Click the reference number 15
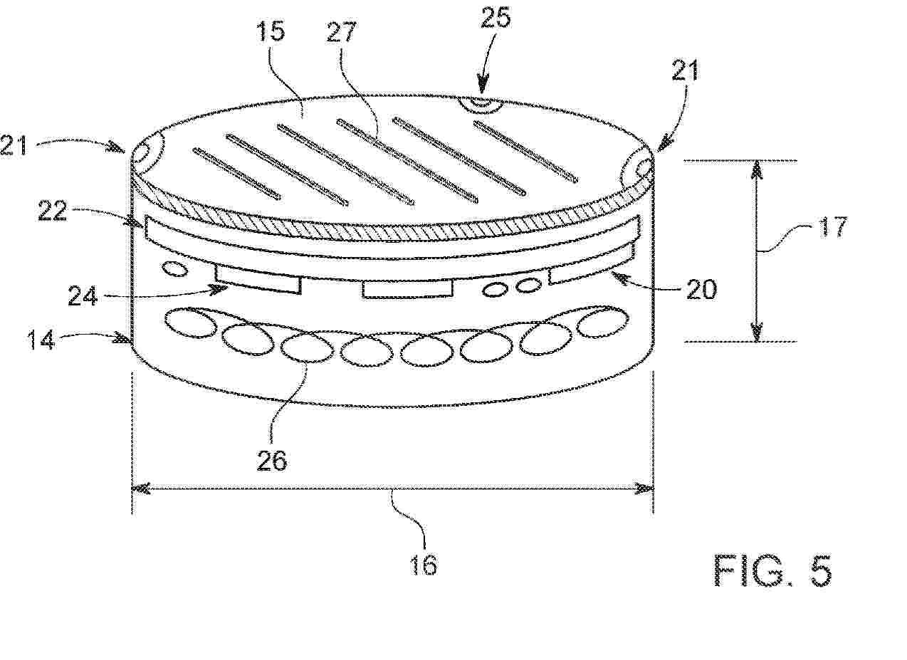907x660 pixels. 271,31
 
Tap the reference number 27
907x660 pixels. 341,31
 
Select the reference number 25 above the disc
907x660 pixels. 496,17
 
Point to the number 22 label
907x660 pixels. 52,211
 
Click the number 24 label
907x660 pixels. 83,295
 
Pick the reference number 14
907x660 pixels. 41,340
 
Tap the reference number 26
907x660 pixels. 272,460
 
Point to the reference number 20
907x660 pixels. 701,289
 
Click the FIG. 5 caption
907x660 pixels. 772,570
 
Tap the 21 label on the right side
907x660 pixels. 685,70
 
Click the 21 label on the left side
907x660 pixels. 14,145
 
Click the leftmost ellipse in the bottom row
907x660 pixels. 190,323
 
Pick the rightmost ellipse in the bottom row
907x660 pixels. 603,322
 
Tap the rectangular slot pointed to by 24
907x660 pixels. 258,279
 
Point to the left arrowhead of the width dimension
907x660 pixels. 142,488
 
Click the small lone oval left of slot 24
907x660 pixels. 174,269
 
